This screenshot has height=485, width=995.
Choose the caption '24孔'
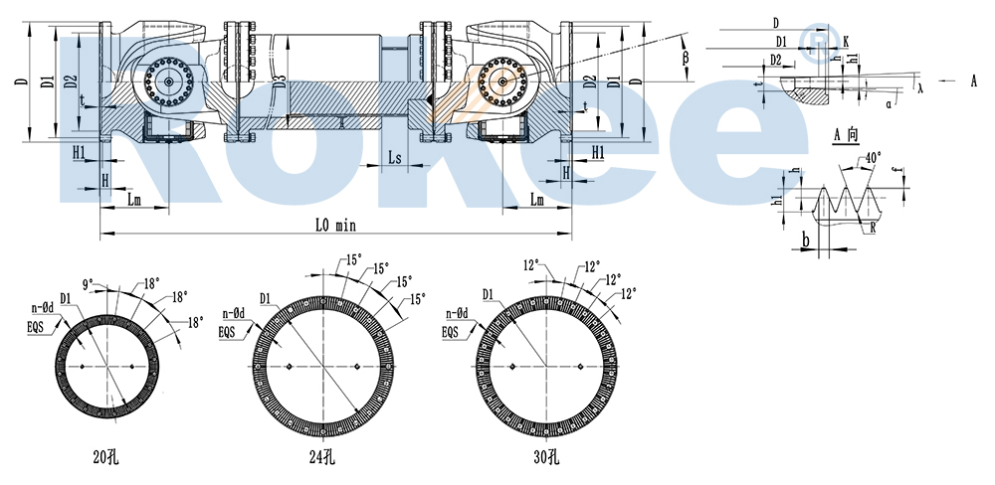coord(321,458)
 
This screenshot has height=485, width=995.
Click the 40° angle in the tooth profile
coord(873,158)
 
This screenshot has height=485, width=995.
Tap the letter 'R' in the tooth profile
coord(872,228)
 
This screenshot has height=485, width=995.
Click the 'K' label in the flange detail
coord(845,42)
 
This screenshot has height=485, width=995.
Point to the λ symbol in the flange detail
coord(921,87)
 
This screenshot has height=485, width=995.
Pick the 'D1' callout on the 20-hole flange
coord(65,297)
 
